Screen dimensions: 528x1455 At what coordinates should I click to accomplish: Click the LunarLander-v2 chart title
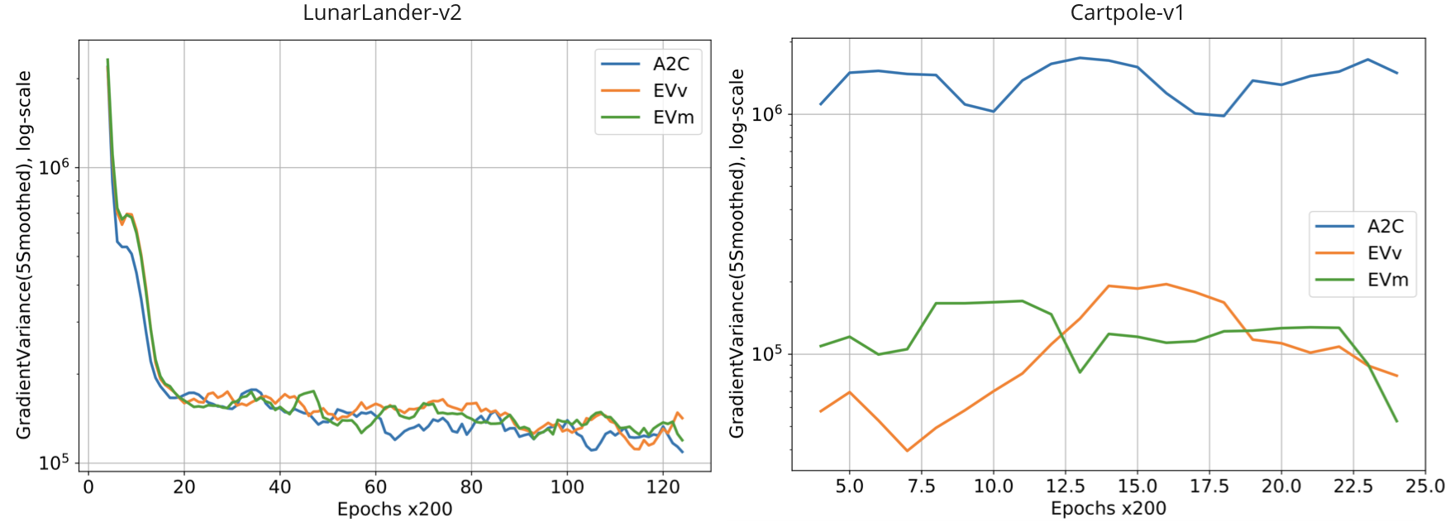pos(382,13)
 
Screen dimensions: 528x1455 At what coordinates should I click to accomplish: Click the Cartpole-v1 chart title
pos(1127,13)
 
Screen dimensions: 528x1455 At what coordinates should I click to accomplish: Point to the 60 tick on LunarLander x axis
pos(375,487)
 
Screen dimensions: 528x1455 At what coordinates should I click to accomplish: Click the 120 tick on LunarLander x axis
pos(663,487)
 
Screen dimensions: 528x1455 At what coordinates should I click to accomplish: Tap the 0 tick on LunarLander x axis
pos(88,487)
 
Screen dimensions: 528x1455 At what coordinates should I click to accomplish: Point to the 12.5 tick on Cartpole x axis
pos(1065,486)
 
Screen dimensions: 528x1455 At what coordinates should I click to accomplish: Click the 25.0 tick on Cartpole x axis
pos(1425,486)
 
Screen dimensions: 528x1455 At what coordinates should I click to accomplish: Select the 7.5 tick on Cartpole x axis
pos(921,486)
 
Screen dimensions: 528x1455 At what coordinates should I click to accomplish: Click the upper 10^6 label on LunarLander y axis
pos(55,167)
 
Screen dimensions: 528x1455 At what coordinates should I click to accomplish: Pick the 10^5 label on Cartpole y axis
pos(767,353)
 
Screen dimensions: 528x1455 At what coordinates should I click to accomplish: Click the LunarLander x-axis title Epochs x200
pos(394,509)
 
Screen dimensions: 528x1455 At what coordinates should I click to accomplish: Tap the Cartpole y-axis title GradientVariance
pos(737,253)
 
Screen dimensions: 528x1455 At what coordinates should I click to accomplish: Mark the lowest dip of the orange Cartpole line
pos(907,451)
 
